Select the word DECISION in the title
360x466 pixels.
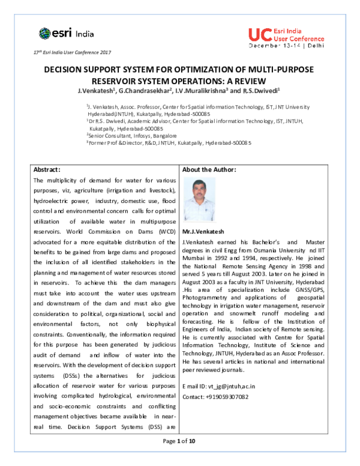[x=67, y=70]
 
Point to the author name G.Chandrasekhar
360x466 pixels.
[x=146, y=91]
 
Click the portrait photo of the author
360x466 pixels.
[x=199, y=199]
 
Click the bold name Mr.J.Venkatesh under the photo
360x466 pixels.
[x=205, y=231]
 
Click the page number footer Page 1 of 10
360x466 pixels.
[x=179, y=458]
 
